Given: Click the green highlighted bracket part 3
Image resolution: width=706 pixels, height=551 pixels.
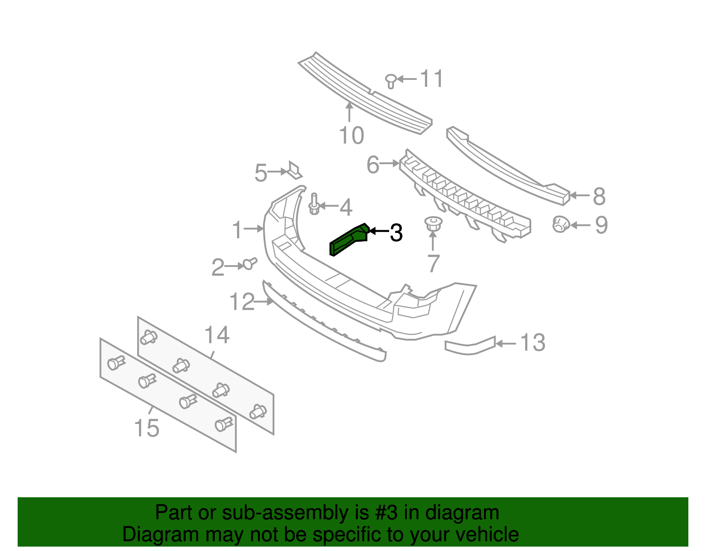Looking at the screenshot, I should (349, 240).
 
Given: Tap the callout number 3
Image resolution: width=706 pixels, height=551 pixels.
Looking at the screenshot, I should (396, 232).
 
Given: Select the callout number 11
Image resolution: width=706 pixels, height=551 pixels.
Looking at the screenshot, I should (432, 79).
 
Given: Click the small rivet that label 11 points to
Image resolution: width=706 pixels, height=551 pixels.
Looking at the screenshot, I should (391, 80).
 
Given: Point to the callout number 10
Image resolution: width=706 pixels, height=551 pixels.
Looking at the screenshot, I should (352, 135).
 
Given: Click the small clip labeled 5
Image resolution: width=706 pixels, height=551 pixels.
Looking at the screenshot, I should (294, 170).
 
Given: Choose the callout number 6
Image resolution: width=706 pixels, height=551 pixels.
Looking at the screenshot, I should (373, 165).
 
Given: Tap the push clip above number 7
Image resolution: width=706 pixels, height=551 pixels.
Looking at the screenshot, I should (433, 223).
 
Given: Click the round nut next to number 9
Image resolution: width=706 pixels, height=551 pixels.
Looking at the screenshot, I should (560, 225).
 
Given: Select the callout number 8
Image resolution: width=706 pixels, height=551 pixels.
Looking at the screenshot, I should (599, 196).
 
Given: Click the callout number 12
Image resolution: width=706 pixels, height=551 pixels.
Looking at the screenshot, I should (242, 302).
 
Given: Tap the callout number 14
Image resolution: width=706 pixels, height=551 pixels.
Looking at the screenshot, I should (217, 335).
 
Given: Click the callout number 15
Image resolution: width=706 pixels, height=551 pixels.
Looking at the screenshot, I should (146, 428).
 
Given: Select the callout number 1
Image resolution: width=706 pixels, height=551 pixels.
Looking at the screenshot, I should (237, 230).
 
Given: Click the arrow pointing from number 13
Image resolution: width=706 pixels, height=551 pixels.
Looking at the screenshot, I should (506, 343).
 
